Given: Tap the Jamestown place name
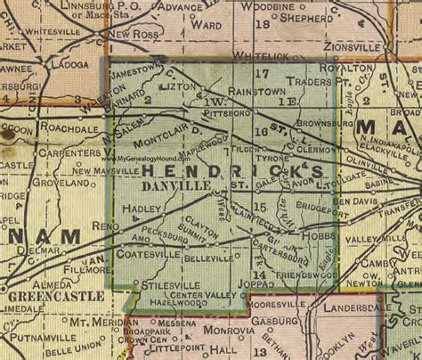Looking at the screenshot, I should coord(134,70).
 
